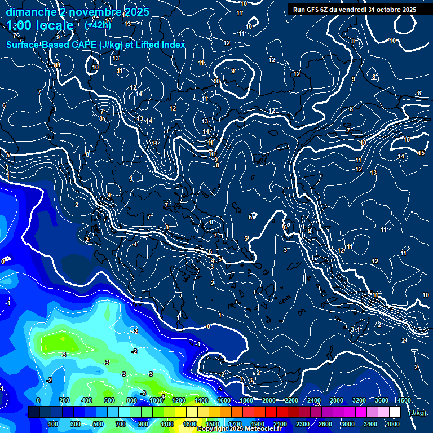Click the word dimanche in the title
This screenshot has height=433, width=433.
click(x=31, y=12)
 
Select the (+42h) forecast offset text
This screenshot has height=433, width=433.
click(x=97, y=25)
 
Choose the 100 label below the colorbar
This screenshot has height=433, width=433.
click(x=54, y=424)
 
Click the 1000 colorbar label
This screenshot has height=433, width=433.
click(x=155, y=400)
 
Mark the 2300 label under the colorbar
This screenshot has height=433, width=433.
click(x=302, y=424)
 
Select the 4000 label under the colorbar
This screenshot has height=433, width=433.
click(x=393, y=424)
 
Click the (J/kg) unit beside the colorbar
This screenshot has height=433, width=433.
click(x=418, y=413)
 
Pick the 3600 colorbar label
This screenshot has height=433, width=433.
click(x=382, y=400)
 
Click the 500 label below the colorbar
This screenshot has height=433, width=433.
click(x=99, y=424)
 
